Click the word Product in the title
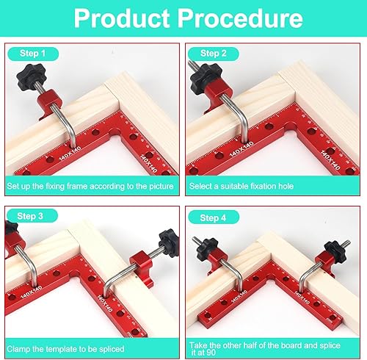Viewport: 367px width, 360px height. tap(122, 18)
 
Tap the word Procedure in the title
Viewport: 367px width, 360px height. tap(240, 18)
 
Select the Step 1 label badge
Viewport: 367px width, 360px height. tap(33, 54)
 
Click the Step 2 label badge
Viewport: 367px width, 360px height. tap(214, 54)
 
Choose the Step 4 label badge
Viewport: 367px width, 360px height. tap(214, 217)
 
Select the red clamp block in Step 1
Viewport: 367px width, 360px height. tap(49, 104)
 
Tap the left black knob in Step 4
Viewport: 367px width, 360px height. tap(207, 249)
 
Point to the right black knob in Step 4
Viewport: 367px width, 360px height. tap(335, 252)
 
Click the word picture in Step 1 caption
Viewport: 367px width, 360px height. tap(161, 187)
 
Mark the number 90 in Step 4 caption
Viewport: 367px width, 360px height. tap(210, 353)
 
